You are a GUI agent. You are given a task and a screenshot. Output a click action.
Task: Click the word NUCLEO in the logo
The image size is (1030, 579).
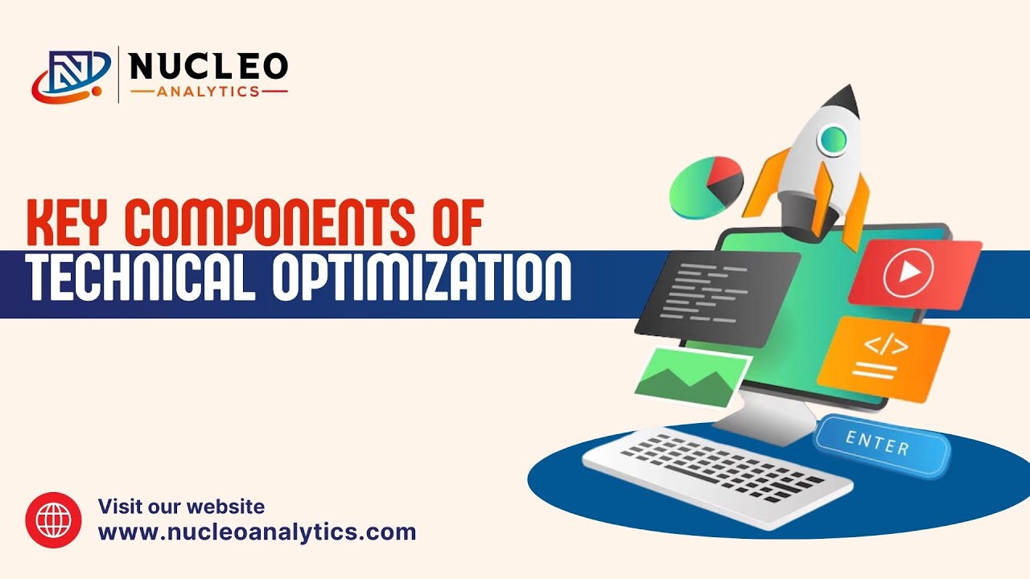(x=208, y=67)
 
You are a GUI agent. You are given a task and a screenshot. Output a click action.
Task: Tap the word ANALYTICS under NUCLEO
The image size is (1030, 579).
(x=208, y=92)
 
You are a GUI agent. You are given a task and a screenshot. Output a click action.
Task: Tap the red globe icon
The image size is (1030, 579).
(x=54, y=520)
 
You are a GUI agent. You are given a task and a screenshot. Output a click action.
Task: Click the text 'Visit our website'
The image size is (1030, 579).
(x=181, y=507)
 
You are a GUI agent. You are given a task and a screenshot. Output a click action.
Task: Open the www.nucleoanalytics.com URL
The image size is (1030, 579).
(x=257, y=532)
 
